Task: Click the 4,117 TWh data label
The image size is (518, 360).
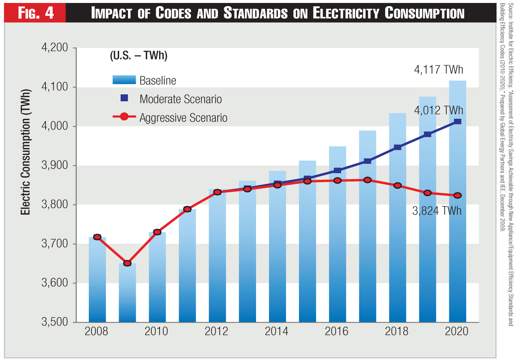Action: click(438, 70)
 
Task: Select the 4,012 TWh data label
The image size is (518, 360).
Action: click(438, 110)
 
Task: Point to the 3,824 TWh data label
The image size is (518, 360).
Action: click(437, 211)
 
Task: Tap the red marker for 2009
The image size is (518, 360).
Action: click(127, 263)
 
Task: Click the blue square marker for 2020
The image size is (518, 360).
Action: click(458, 121)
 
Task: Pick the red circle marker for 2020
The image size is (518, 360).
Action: click(458, 195)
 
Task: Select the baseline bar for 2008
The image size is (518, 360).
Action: click(97, 281)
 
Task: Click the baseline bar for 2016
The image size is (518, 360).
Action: click(337, 252)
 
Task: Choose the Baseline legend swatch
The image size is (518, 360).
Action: click(124, 80)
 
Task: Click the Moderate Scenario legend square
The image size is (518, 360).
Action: click(124, 98)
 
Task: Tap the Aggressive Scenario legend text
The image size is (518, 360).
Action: click(183, 118)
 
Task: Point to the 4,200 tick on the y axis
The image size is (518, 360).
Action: click(55, 48)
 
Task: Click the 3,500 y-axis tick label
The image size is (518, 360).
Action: click(55, 322)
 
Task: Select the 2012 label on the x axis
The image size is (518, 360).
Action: click(216, 331)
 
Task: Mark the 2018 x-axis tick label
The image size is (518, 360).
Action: click(397, 331)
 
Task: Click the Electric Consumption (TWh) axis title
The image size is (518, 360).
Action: click(25, 152)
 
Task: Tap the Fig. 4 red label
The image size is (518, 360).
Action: click(36, 13)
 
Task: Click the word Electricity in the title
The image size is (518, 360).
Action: click(346, 13)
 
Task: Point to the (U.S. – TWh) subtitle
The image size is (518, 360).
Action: click(139, 55)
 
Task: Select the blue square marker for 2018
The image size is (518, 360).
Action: click(398, 147)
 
